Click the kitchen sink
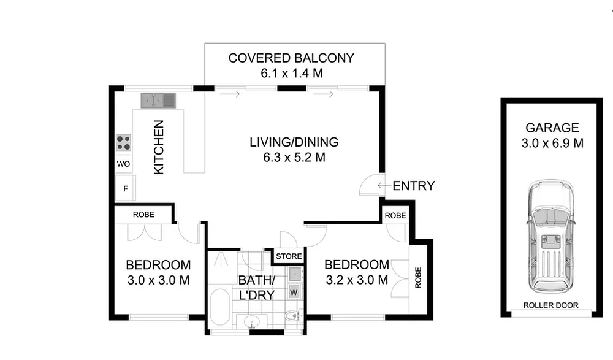click(158, 101)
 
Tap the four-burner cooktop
click(124, 143)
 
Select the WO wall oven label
click(124, 164)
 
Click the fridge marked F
click(126, 188)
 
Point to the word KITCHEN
click(159, 147)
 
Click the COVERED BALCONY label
click(291, 58)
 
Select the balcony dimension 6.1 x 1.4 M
click(292, 73)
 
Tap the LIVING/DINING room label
click(294, 142)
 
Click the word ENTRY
click(414, 186)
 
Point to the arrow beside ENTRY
click(384, 185)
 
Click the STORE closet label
click(289, 256)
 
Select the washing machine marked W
click(294, 292)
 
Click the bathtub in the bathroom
click(220, 308)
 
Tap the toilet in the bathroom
click(293, 315)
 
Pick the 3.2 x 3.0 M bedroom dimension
click(357, 280)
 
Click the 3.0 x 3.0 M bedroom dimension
click(158, 280)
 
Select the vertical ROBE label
click(418, 278)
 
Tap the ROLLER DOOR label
click(551, 305)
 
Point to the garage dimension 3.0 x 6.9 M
click(552, 144)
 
